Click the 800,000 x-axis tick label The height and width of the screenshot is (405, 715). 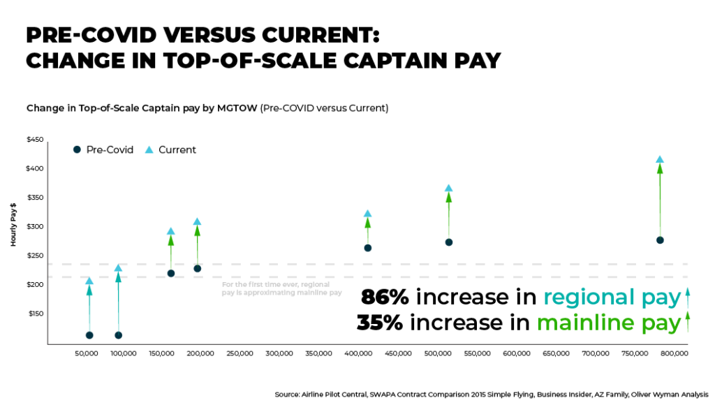point(675,354)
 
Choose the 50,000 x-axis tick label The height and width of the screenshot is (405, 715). point(87,354)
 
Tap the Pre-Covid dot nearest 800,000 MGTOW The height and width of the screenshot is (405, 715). point(660,240)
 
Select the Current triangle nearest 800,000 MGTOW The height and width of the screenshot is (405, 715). point(660,160)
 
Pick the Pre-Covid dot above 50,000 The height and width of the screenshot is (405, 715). point(89,335)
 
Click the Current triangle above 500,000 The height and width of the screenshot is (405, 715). point(449,189)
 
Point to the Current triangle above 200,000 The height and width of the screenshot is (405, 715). point(197,222)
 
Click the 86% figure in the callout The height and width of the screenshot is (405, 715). point(385,297)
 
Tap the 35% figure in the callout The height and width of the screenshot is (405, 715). point(381,323)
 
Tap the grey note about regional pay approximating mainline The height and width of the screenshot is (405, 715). point(281,288)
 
